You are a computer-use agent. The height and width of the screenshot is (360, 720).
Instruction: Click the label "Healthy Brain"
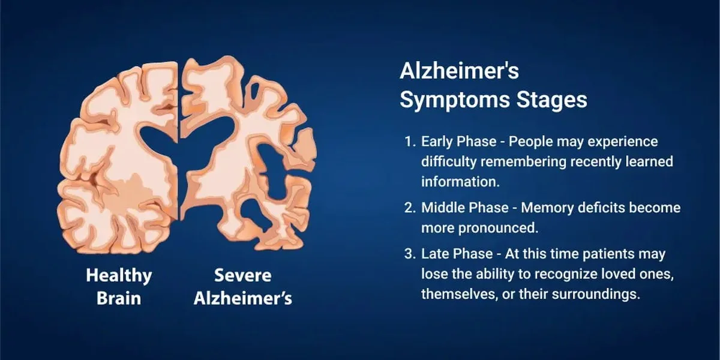point(119,286)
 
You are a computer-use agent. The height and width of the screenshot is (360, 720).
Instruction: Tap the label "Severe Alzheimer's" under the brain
point(242,286)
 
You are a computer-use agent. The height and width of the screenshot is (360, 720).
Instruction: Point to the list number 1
point(409,142)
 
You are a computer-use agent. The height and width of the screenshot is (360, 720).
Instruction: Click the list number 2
point(409,208)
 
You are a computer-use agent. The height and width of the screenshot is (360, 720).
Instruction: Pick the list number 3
point(409,254)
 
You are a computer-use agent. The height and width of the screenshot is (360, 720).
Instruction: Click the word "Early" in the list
point(437,142)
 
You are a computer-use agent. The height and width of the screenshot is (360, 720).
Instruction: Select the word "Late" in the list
point(434,254)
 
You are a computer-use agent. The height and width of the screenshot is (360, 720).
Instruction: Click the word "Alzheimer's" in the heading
point(459,71)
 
